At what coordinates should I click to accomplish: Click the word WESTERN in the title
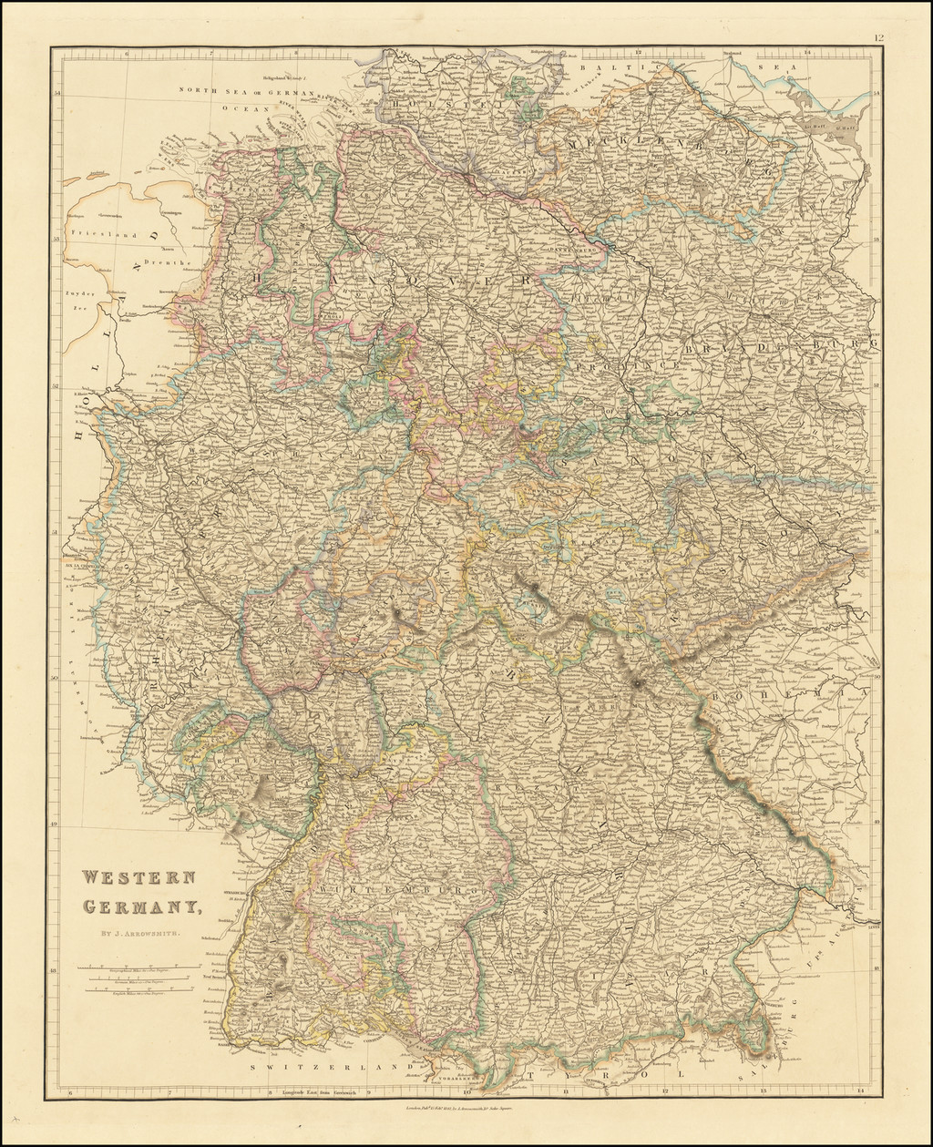[138, 878]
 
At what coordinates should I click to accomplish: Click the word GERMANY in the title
[141, 906]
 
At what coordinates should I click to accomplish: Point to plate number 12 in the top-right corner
[878, 38]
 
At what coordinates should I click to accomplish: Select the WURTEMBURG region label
[399, 887]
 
